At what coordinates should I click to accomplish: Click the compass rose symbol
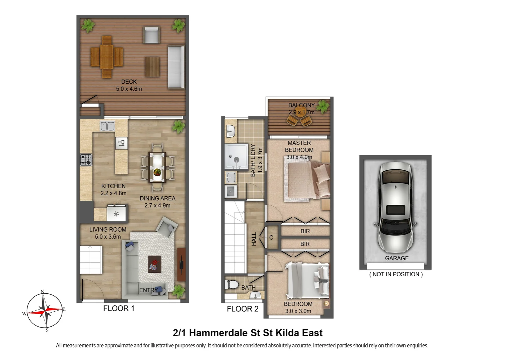pyautogui.click(x=45, y=311)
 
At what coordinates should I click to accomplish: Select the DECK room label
pyautogui.click(x=129, y=82)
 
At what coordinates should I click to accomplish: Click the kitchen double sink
pyautogui.click(x=108, y=126)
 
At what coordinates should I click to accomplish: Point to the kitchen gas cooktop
pyautogui.click(x=86, y=160)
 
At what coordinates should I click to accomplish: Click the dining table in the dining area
pyautogui.click(x=157, y=167)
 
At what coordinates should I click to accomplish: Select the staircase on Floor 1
pyautogui.click(x=91, y=259)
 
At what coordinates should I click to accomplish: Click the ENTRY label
pyautogui.click(x=149, y=290)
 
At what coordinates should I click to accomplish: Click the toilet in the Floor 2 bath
pyautogui.click(x=232, y=285)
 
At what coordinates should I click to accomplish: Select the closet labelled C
pyautogui.click(x=271, y=238)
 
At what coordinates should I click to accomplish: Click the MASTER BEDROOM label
pyautogui.click(x=299, y=146)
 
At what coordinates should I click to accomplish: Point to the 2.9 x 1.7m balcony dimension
pyautogui.click(x=301, y=112)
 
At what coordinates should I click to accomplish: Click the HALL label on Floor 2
pyautogui.click(x=254, y=239)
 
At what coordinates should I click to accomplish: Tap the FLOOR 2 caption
pyautogui.click(x=243, y=309)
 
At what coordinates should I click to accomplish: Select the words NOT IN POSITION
pyautogui.click(x=396, y=274)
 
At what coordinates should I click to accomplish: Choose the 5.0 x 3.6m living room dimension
pyautogui.click(x=108, y=237)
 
